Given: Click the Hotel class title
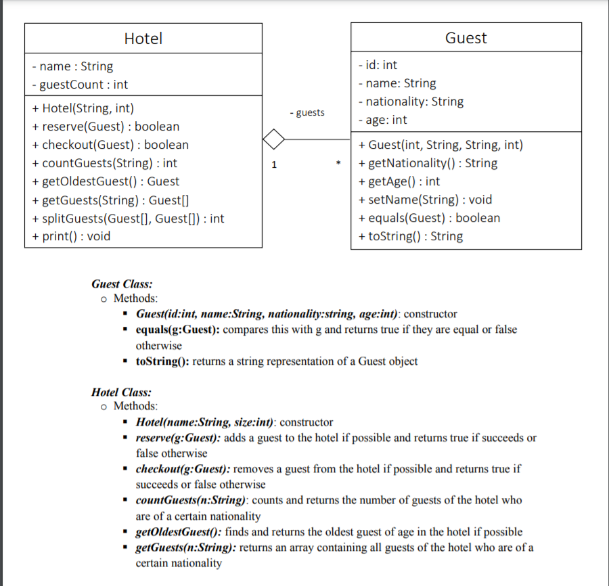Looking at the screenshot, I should pyautogui.click(x=143, y=39).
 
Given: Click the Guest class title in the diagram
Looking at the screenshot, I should pyautogui.click(x=466, y=38).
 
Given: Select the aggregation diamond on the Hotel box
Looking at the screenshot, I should pyautogui.click(x=273, y=139).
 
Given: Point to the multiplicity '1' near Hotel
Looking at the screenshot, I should pyautogui.click(x=274, y=164).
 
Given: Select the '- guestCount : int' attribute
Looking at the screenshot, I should pyautogui.click(x=80, y=85).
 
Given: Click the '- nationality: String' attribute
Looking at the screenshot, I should pyautogui.click(x=411, y=102).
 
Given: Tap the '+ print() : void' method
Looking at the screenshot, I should pyautogui.click(x=71, y=236).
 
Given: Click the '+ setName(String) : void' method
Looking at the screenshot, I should pyautogui.click(x=425, y=200).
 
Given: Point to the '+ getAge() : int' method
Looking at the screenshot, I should pyautogui.click(x=399, y=181).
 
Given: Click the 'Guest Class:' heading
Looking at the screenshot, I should pyautogui.click(x=122, y=284).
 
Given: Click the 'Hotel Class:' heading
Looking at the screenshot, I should pyautogui.click(x=121, y=392).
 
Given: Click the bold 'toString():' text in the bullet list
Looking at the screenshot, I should pyautogui.click(x=162, y=361).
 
